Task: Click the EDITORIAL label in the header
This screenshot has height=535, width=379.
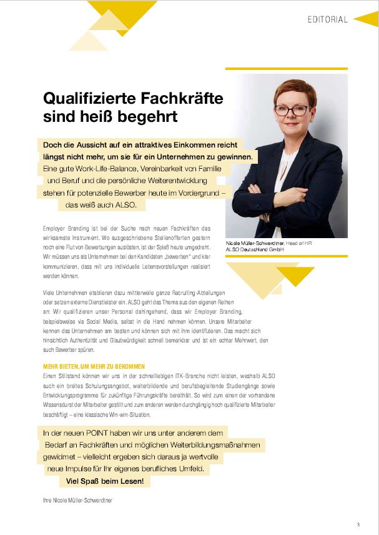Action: pos(327,19)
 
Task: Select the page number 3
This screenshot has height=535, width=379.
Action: pos(358,524)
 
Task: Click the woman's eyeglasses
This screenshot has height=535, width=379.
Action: pos(291,110)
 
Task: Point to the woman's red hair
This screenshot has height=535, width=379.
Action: pos(291,89)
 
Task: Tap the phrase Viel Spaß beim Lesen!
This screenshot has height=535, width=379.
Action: pos(106,481)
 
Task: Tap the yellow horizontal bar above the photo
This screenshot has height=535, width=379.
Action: pos(286,69)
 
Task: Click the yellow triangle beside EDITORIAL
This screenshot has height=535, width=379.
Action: pos(365,19)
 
